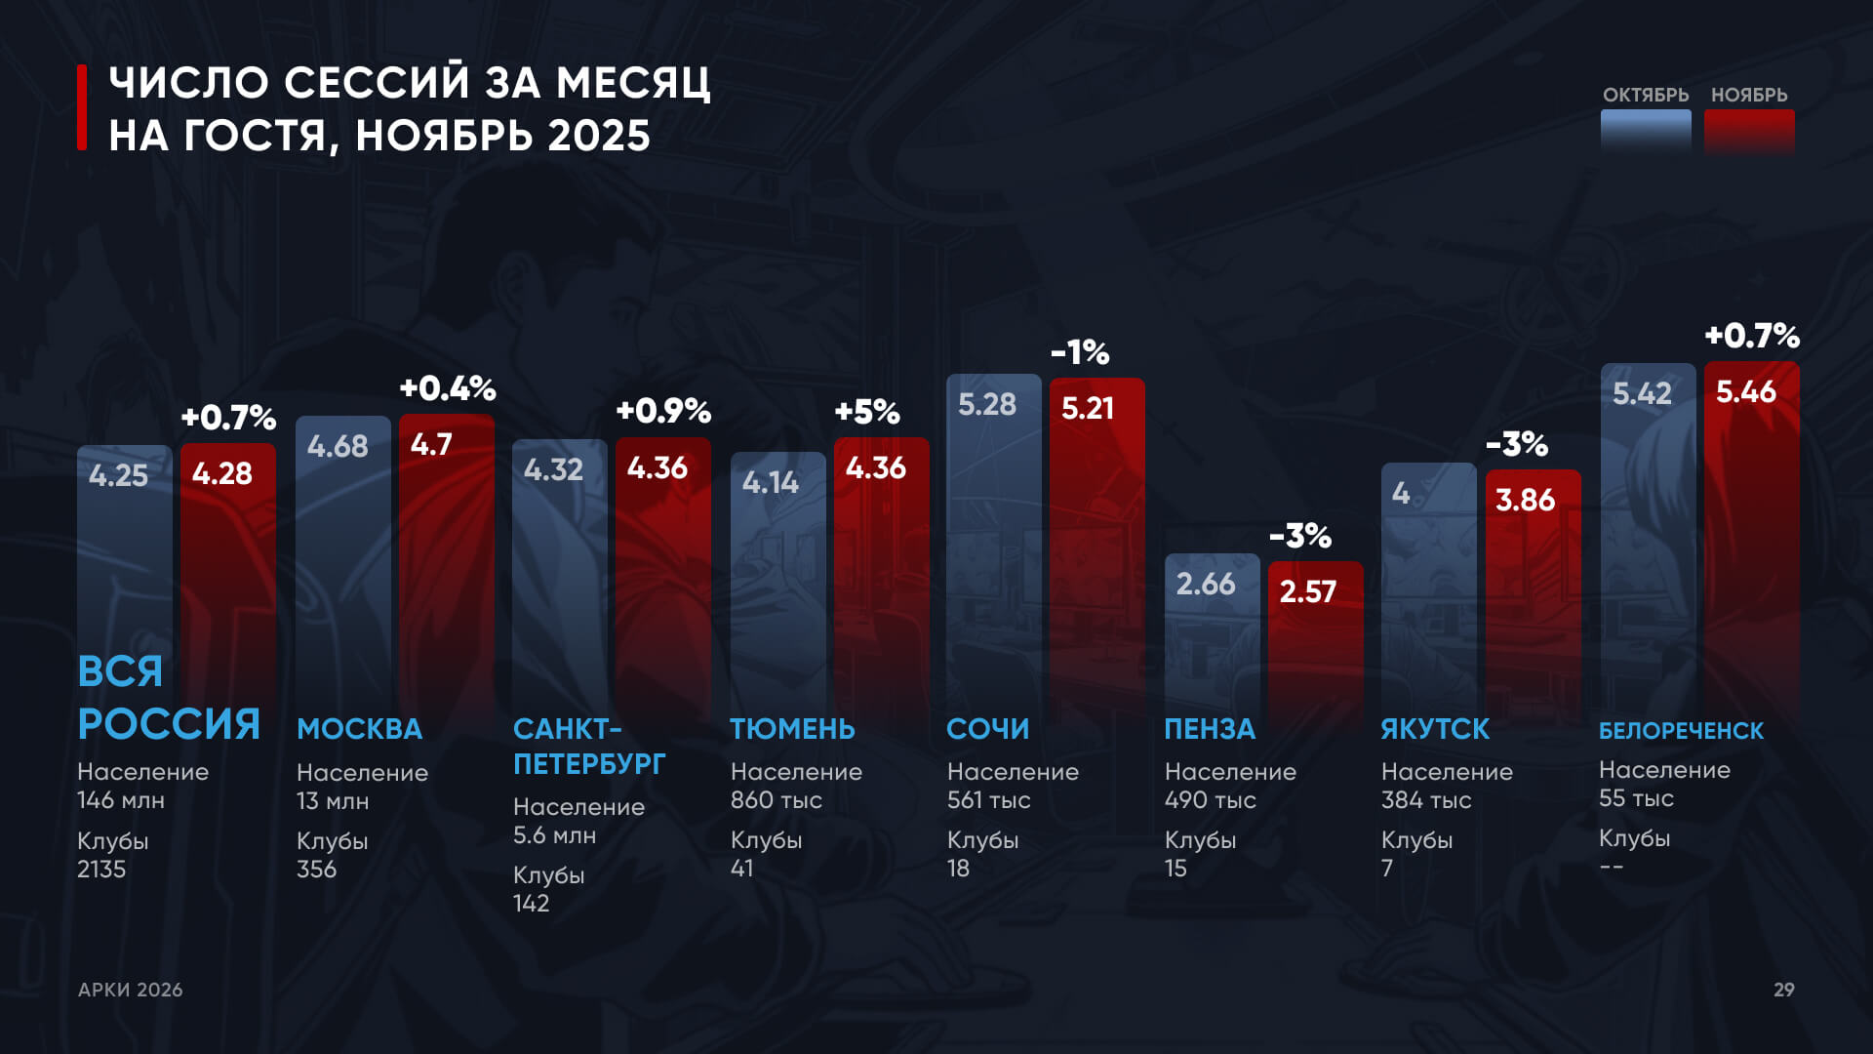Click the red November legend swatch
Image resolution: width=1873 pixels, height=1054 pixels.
pyautogui.click(x=1748, y=132)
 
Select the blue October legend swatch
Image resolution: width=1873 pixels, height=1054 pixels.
pyautogui.click(x=1646, y=132)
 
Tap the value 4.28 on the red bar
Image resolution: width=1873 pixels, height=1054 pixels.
pyautogui.click(x=222, y=474)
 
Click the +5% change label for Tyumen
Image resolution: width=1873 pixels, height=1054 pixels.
pyautogui.click(x=866, y=412)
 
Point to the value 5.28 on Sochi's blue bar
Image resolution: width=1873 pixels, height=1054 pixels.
pyautogui.click(x=986, y=404)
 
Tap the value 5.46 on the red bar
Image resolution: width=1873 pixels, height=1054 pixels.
pyautogui.click(x=1745, y=392)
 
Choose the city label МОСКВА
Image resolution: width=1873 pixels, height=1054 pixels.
pyautogui.click(x=359, y=729)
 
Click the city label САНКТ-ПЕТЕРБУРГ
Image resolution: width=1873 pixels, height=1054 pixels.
pyautogui.click(x=589, y=747)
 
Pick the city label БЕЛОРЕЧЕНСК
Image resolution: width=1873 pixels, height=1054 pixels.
pyautogui.click(x=1681, y=731)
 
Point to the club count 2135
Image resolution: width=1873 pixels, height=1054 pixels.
pyautogui.click(x=101, y=870)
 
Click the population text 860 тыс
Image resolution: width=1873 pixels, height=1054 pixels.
pyautogui.click(x=776, y=800)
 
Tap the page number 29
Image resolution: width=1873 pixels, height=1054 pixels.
pyautogui.click(x=1783, y=990)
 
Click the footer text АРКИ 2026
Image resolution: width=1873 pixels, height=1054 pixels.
pyautogui.click(x=131, y=990)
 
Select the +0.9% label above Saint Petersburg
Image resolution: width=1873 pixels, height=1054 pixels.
pyautogui.click(x=663, y=411)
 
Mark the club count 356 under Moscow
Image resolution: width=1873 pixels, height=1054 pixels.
pyautogui.click(x=316, y=870)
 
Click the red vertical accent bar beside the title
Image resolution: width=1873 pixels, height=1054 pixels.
pyautogui.click(x=83, y=107)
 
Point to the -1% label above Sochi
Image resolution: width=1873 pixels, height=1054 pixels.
pyautogui.click(x=1080, y=352)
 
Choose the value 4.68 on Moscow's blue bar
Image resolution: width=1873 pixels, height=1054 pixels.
pyautogui.click(x=338, y=447)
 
